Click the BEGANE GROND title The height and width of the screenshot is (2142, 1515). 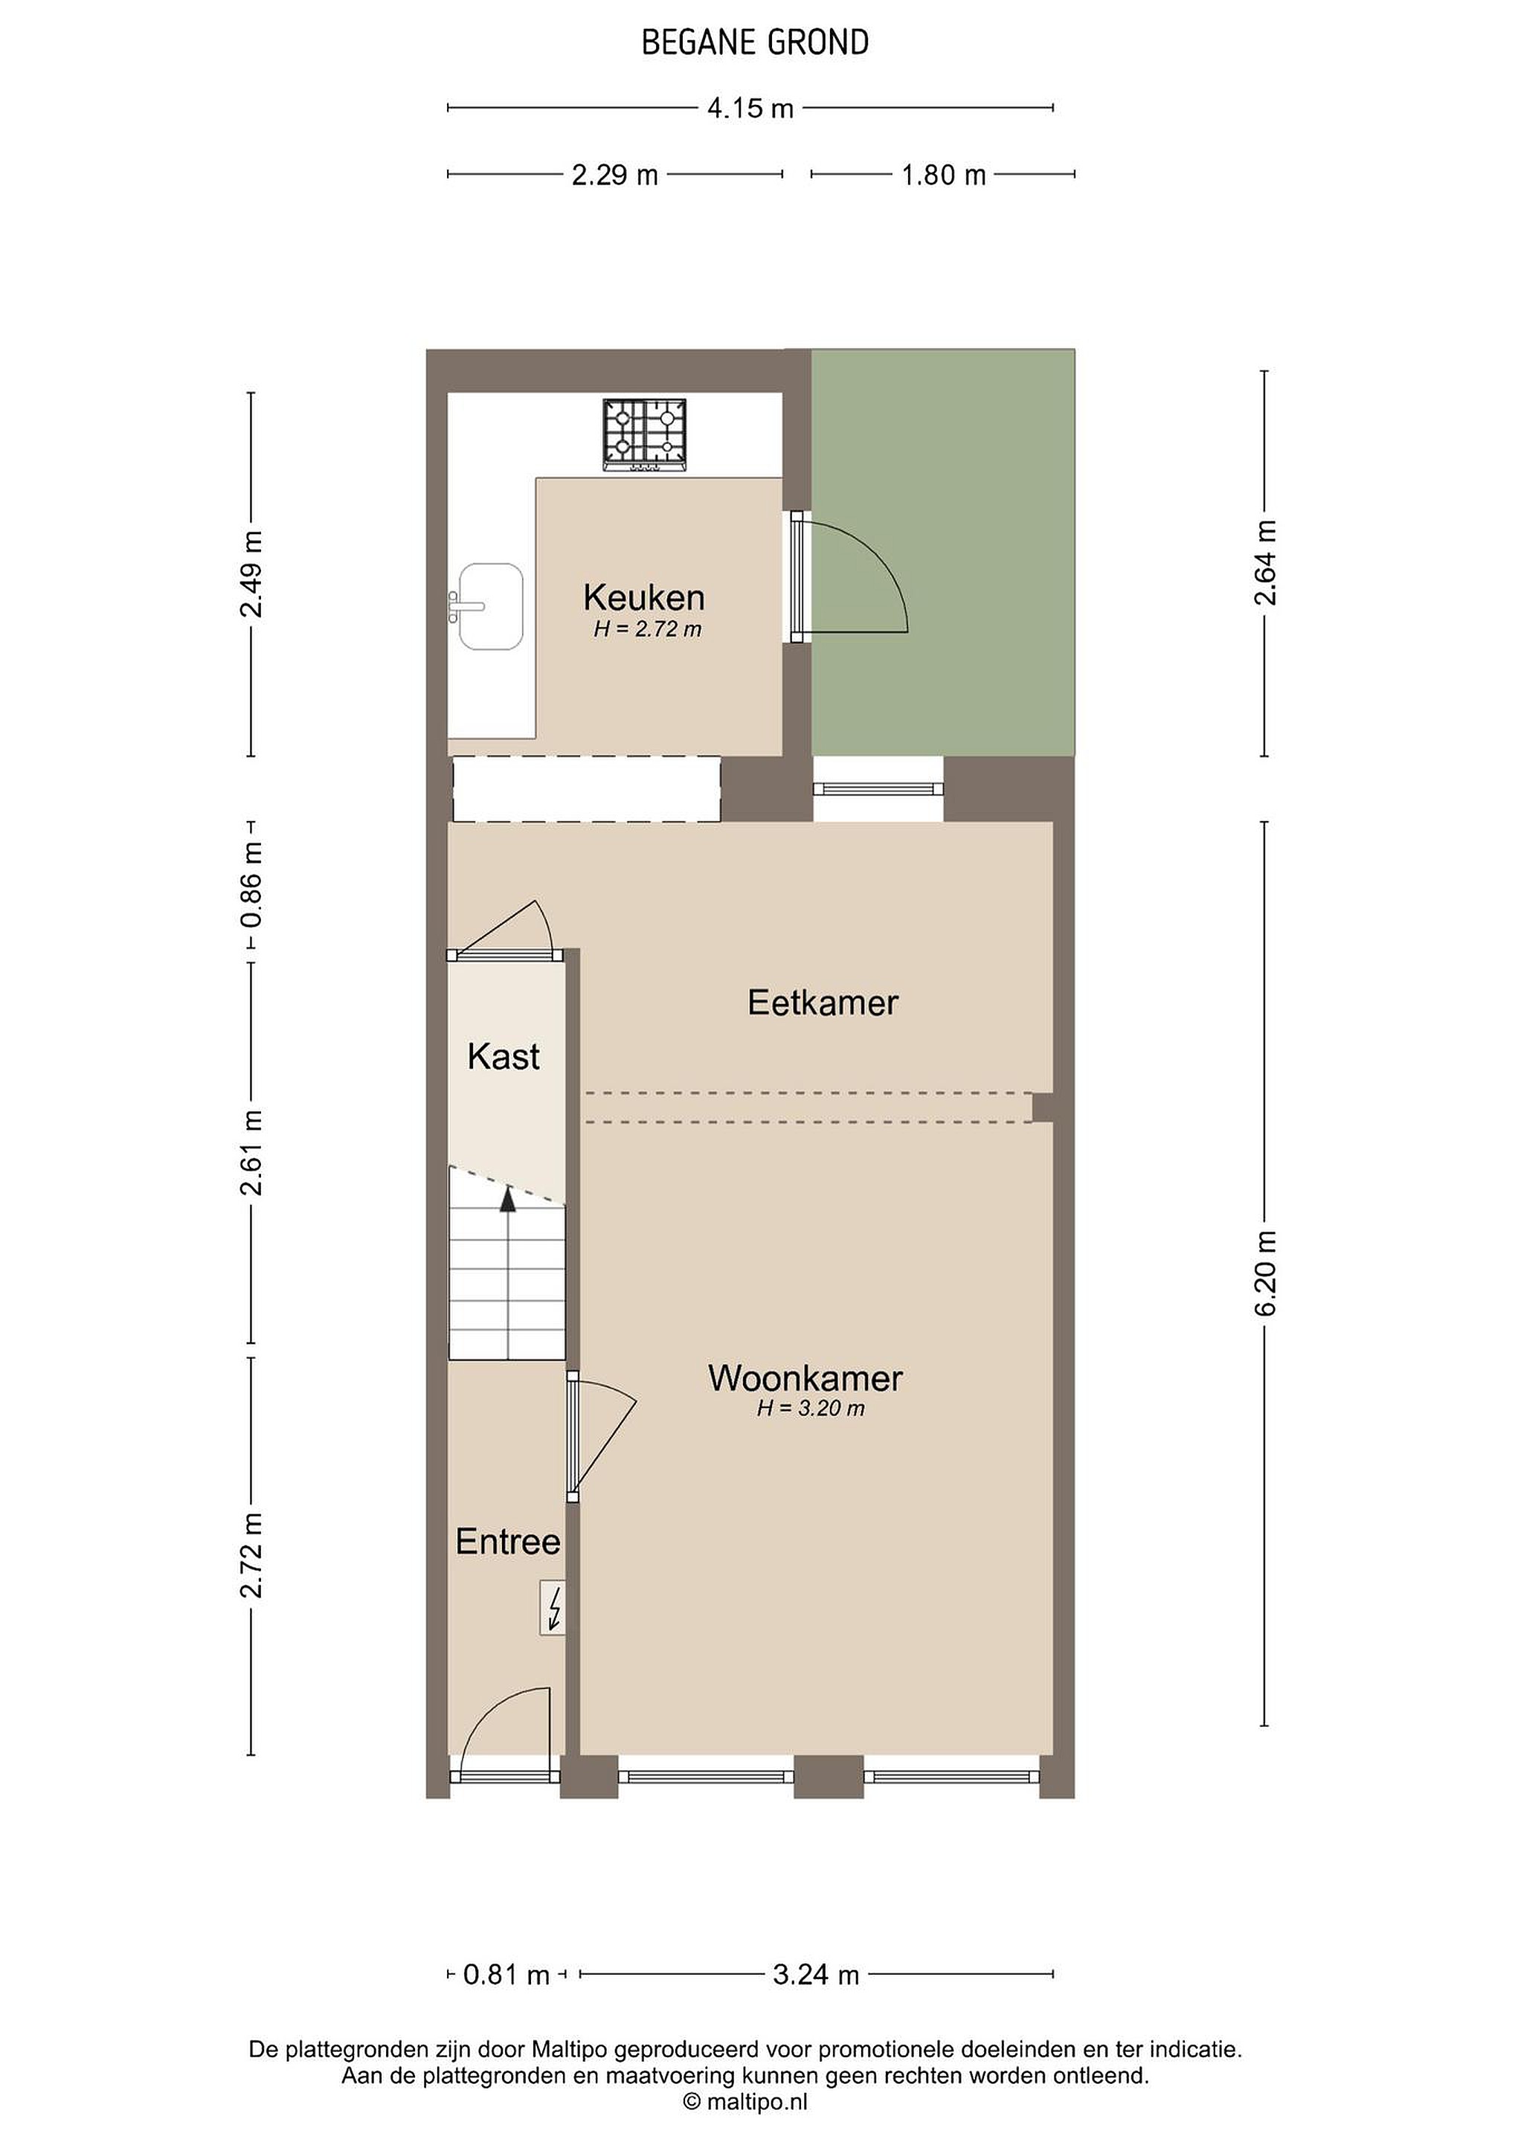755,43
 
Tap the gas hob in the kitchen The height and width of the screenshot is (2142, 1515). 643,435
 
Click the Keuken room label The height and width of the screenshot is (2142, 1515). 643,597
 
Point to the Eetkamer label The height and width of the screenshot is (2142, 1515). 823,1003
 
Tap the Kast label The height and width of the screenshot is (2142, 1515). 504,1056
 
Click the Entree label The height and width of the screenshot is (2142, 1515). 507,1541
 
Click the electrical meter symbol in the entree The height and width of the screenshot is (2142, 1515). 553,1606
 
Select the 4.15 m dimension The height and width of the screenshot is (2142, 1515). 750,109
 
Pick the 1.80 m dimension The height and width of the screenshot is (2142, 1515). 943,175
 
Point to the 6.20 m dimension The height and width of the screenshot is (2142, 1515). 1265,1273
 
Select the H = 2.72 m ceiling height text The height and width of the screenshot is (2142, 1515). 647,630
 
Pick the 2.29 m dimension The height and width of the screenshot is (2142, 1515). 615,175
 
